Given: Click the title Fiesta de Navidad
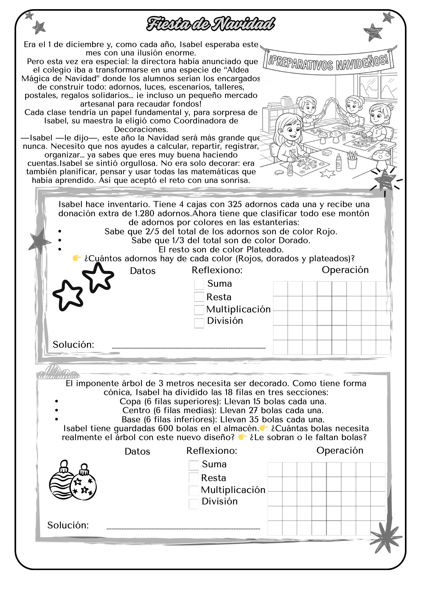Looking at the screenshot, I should coord(210,24).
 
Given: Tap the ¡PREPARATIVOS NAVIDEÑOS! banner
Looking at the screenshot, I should coord(329,62).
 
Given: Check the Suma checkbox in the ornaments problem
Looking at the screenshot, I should coord(199,285).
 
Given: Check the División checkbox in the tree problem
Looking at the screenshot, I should coord(194,504).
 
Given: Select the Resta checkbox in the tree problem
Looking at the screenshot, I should coord(194,477).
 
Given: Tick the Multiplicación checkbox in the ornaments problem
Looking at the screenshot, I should coord(199,310).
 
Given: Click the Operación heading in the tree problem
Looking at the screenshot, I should coord(340,451).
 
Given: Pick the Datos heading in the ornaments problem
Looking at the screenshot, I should coord(143,271).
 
